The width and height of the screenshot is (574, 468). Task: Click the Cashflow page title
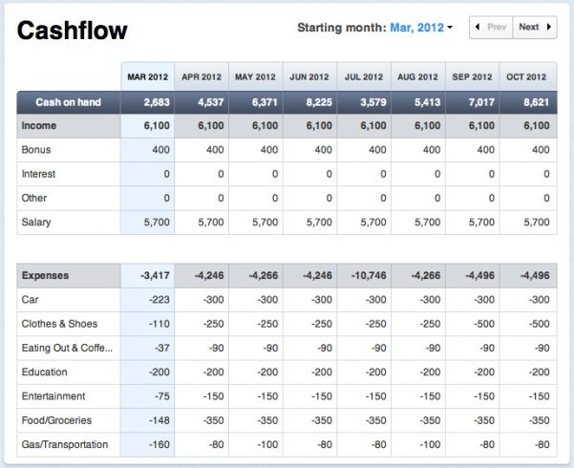click(73, 31)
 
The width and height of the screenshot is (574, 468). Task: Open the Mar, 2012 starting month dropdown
click(421, 28)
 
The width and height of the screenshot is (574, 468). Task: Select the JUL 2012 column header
click(364, 77)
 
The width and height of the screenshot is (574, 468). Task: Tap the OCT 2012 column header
click(527, 77)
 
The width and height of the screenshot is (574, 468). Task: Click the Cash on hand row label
click(68, 102)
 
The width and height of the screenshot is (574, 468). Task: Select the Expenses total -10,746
click(365, 276)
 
